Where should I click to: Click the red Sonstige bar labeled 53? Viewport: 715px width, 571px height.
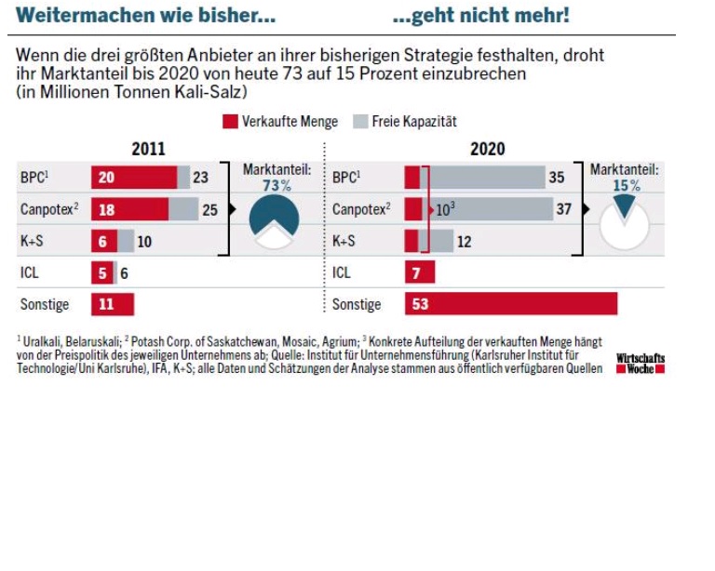(x=511, y=304)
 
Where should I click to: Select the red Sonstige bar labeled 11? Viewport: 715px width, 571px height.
(x=113, y=304)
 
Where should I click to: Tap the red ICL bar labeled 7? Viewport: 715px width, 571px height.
(x=420, y=273)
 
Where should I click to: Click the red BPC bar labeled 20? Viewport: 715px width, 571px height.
(x=134, y=178)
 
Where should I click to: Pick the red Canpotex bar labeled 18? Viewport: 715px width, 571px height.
(x=129, y=209)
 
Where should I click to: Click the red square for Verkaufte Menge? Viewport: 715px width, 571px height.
(x=230, y=122)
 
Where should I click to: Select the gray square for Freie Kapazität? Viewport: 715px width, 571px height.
(x=358, y=122)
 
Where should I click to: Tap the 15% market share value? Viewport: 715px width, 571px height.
(x=625, y=186)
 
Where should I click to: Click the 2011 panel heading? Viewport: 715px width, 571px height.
(x=149, y=149)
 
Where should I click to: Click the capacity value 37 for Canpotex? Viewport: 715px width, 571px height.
(x=564, y=209)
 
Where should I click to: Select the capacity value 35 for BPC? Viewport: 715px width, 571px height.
(x=557, y=178)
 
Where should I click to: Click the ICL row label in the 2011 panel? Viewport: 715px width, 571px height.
(x=30, y=273)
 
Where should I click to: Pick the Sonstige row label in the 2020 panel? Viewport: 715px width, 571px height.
(x=357, y=304)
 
